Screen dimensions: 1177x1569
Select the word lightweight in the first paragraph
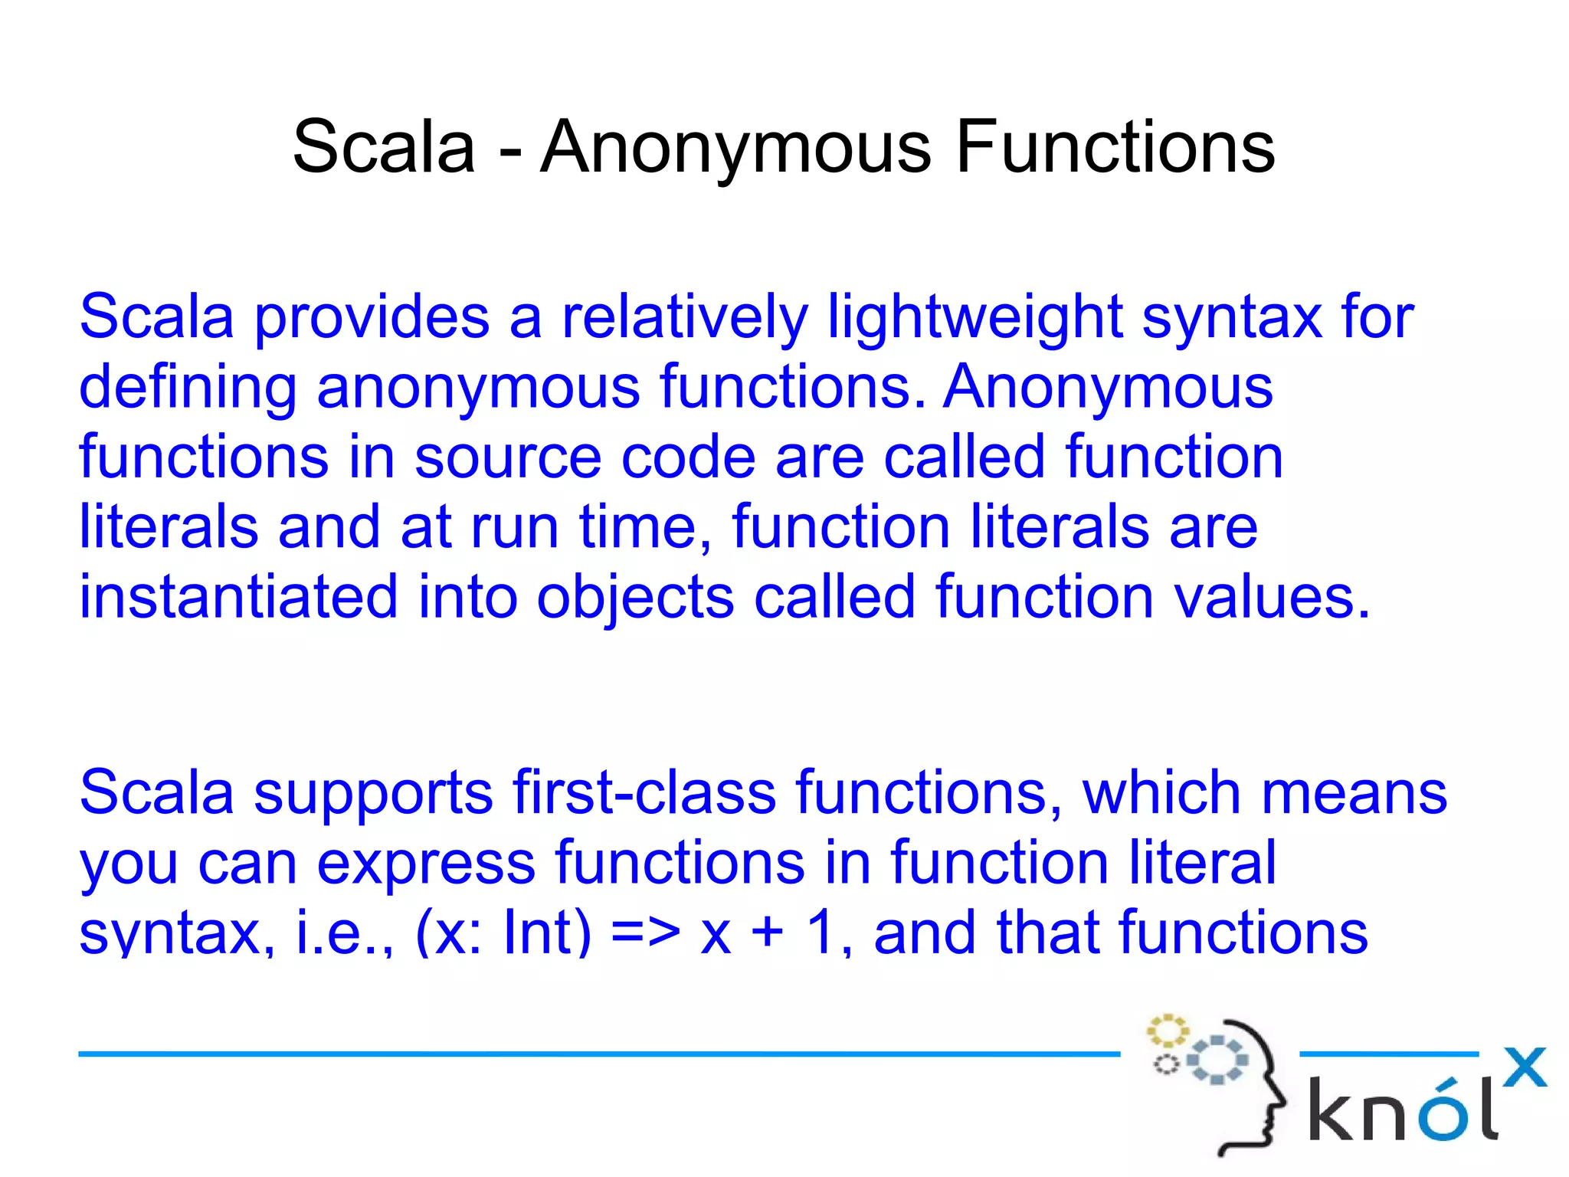pyautogui.click(x=974, y=317)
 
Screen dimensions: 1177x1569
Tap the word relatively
pyautogui.click(x=685, y=317)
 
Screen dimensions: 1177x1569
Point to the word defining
pyautogui.click(x=188, y=388)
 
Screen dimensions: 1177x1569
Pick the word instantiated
pyautogui.click(x=239, y=597)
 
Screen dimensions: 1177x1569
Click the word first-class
pyautogui.click(x=644, y=792)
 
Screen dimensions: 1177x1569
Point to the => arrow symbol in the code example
pyautogui.click(x=646, y=933)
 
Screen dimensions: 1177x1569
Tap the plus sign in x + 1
pyautogui.click(x=768, y=934)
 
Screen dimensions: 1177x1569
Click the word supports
pyautogui.click(x=374, y=794)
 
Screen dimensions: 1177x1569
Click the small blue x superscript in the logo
pyautogui.click(x=1524, y=1067)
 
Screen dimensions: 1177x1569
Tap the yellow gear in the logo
pyautogui.click(x=1166, y=1031)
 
